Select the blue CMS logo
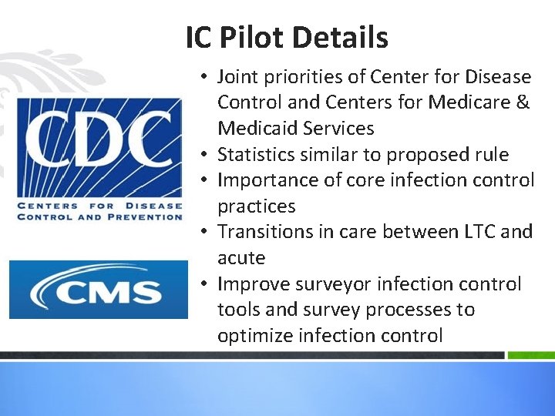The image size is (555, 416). (98, 289)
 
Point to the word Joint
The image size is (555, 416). (237, 77)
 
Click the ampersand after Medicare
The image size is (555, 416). (522, 102)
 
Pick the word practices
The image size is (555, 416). (256, 206)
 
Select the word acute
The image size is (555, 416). (240, 258)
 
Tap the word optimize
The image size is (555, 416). (252, 336)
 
